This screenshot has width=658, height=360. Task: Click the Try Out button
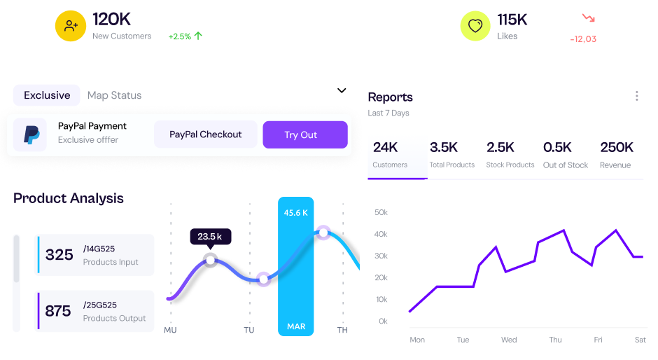tap(304, 134)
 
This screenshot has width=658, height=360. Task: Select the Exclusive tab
tap(47, 95)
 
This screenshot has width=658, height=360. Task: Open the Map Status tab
tap(114, 95)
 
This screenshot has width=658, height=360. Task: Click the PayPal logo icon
tap(31, 134)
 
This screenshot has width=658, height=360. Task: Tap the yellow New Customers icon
tap(71, 26)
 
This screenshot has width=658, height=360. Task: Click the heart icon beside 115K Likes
tap(475, 26)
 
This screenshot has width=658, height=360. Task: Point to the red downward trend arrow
tap(588, 18)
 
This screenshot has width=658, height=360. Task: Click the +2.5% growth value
tap(180, 36)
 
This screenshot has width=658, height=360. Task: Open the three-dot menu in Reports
tap(636, 96)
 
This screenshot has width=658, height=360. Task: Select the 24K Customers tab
tap(390, 155)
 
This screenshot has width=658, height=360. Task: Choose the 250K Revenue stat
tap(616, 155)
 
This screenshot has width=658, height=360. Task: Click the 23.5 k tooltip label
tap(209, 237)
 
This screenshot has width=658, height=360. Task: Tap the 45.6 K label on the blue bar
tap(295, 212)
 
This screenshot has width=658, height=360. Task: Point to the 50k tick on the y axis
tap(381, 212)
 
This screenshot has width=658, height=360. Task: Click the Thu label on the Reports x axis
tap(555, 340)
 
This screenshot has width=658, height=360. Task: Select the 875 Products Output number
tap(58, 311)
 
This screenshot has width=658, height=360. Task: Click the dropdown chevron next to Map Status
tap(342, 90)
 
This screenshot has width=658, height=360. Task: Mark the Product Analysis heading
tap(69, 198)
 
